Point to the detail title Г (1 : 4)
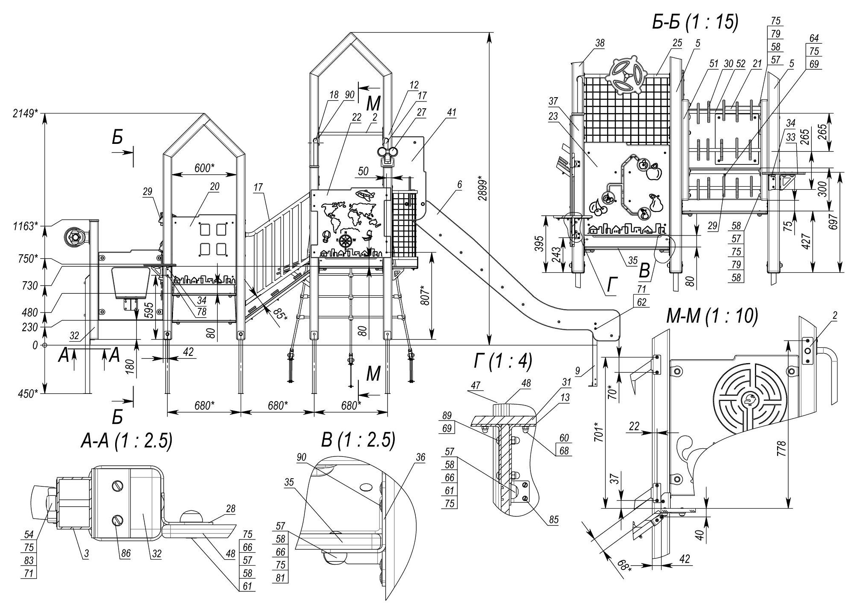(503, 362)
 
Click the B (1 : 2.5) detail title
(358, 440)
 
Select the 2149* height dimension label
(25, 113)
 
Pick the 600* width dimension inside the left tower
(204, 168)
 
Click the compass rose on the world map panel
(345, 240)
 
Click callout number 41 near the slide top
(451, 113)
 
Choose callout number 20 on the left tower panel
(215, 186)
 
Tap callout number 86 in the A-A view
(126, 554)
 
